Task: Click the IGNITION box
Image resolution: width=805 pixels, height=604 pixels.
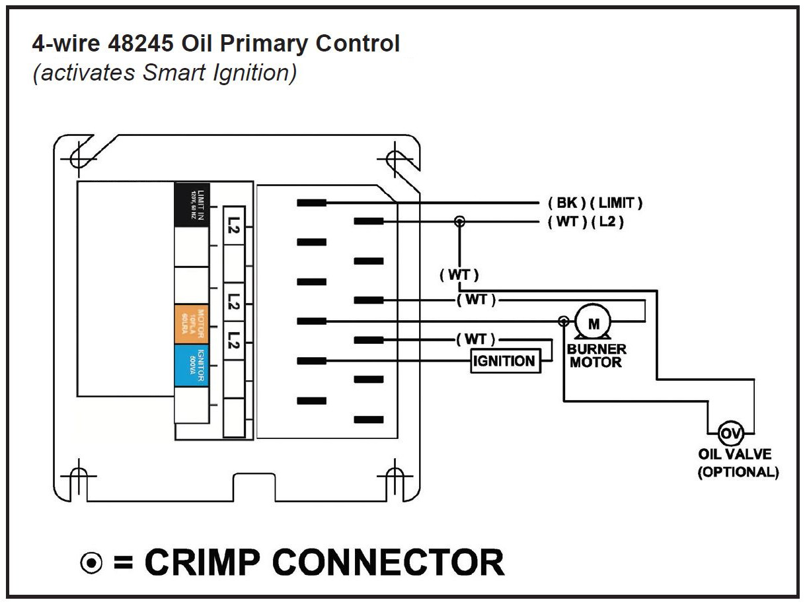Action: click(504, 361)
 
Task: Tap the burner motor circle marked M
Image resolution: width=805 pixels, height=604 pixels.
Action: click(593, 323)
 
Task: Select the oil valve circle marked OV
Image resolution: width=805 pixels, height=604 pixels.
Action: click(730, 434)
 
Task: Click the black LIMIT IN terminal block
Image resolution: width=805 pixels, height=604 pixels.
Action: click(192, 205)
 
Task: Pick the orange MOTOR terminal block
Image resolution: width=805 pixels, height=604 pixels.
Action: click(192, 325)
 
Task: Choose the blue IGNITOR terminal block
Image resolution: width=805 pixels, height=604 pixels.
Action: click(192, 364)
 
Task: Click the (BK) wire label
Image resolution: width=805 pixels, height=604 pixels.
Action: click(566, 203)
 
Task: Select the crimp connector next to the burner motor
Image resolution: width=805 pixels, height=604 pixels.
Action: click(563, 321)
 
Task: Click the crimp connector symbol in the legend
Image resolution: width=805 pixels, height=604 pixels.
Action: click(91, 563)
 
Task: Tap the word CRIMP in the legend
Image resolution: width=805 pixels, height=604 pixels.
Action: click(202, 562)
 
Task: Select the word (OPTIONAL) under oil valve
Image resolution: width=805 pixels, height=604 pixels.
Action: click(738, 473)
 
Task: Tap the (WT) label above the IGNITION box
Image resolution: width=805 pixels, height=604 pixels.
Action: click(475, 339)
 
